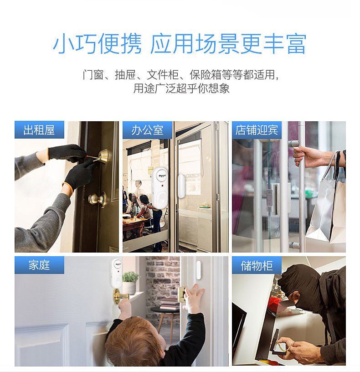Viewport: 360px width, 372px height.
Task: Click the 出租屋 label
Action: pos(39,130)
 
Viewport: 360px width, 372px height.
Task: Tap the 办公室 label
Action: pos(147,130)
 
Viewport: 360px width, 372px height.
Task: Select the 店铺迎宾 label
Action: pos(257,130)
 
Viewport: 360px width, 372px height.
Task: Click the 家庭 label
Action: pos(39,265)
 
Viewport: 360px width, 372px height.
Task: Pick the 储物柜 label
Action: pos(257,265)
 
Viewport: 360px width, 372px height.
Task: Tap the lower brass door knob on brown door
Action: pos(97,199)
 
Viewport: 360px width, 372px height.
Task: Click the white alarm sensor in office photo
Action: pos(159,187)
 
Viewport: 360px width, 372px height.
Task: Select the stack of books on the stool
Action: pos(170,304)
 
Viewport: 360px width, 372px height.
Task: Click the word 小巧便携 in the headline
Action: pos(97,44)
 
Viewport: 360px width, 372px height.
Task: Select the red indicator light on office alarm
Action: pos(162,186)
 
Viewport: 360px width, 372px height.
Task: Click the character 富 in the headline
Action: pos(297,44)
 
